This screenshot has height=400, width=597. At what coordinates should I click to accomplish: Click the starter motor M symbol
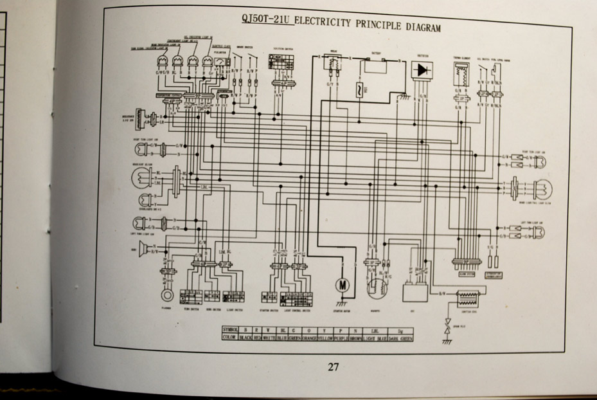pos(341,285)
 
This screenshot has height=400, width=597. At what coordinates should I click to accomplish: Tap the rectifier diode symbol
pos(422,69)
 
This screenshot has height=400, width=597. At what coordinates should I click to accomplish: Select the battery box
pos(375,65)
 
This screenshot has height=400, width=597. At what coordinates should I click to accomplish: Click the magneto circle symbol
pos(379,287)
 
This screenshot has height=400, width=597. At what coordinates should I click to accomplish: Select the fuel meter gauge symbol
pos(221,62)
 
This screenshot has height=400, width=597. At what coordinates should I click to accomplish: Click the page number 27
pos(333,367)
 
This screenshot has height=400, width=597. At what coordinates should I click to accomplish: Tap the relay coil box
pos(332,67)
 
